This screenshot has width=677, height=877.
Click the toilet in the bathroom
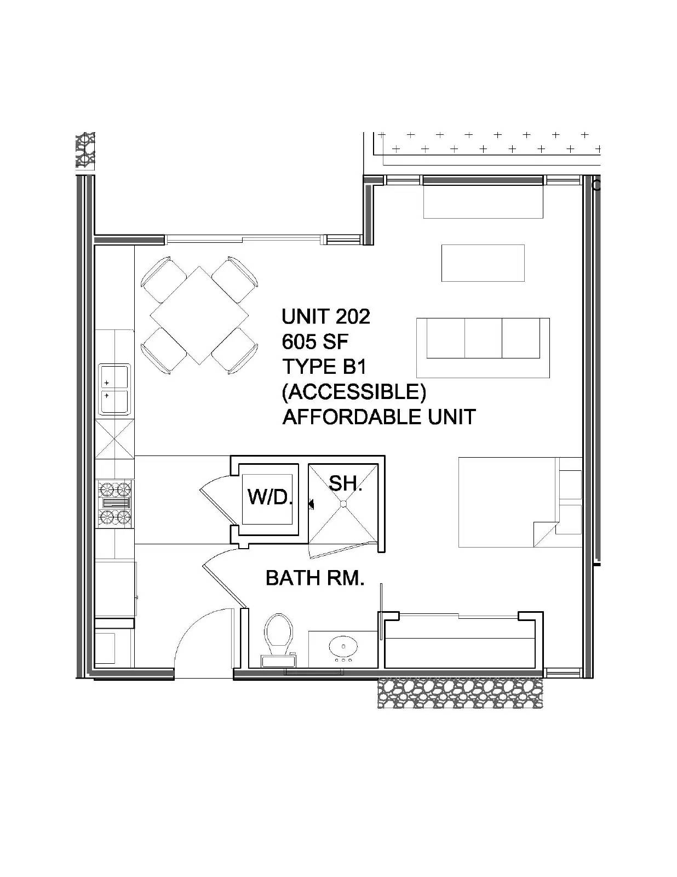click(x=278, y=641)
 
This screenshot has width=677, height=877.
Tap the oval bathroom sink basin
click(x=343, y=647)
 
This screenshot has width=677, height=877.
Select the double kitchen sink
click(x=115, y=389)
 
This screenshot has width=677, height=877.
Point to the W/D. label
click(x=270, y=497)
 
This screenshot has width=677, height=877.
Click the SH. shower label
click(x=346, y=483)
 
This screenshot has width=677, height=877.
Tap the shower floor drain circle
click(x=343, y=503)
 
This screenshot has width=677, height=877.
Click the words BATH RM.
click(x=315, y=578)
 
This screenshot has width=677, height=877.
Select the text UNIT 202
click(x=326, y=317)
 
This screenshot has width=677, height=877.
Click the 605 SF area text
click(x=315, y=342)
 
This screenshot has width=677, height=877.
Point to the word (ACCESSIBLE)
click(x=354, y=392)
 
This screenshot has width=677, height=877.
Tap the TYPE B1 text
click(x=324, y=367)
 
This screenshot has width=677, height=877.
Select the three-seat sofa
click(x=483, y=348)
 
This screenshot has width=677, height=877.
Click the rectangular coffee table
click(x=483, y=263)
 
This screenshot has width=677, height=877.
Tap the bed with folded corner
click(x=520, y=502)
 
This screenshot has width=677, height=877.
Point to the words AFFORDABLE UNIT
click(x=379, y=417)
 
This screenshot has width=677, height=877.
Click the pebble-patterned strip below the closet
click(x=461, y=693)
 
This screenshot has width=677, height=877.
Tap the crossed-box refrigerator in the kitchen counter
click(x=114, y=438)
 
